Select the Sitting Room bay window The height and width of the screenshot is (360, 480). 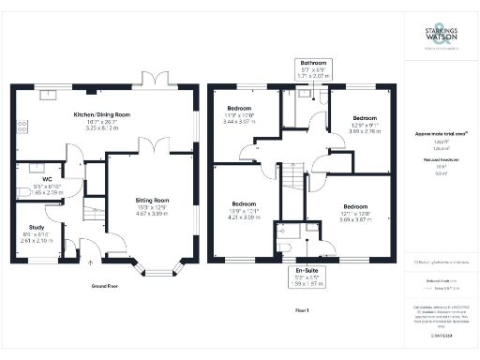[156, 270]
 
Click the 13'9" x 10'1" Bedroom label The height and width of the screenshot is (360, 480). [244, 208]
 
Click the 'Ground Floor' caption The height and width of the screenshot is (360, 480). [104, 284]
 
